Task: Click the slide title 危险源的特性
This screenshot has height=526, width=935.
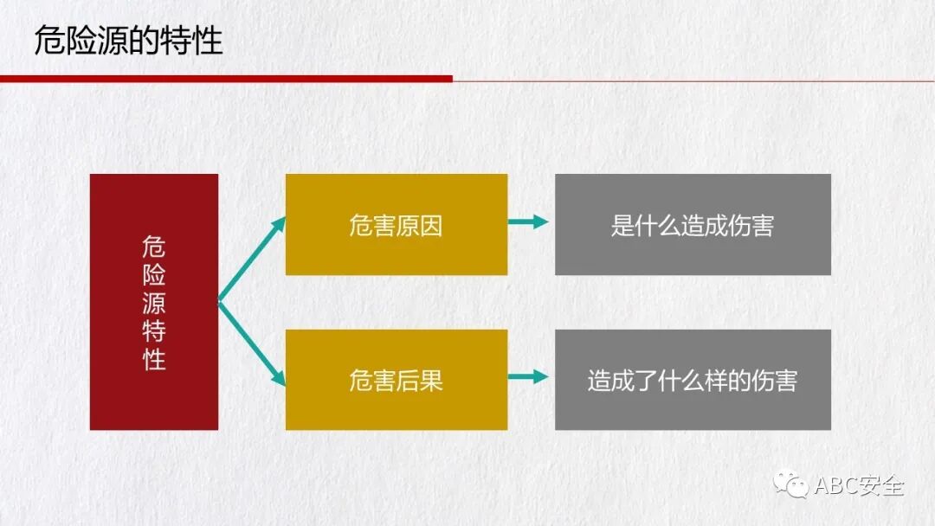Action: point(128,42)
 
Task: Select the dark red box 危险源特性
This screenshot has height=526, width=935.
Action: point(154,301)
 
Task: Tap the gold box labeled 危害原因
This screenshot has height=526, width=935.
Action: point(396,225)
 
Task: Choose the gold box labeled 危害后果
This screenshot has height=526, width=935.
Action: point(396,380)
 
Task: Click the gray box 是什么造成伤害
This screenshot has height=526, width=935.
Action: point(693,225)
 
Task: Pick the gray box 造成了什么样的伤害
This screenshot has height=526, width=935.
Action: point(693,380)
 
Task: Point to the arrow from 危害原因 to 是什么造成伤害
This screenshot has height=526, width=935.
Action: point(529,222)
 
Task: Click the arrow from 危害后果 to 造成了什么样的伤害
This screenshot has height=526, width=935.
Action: point(529,376)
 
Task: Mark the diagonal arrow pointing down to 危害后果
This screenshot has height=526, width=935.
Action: point(252,343)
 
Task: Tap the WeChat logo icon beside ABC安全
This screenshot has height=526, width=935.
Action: point(792,484)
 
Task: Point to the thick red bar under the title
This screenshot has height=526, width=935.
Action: point(225,79)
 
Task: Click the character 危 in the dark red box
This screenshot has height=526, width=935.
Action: point(154,247)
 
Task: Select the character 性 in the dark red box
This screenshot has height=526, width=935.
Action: point(154,358)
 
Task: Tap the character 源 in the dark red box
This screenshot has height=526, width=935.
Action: point(154,303)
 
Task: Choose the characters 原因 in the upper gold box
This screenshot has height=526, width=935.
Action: point(420,225)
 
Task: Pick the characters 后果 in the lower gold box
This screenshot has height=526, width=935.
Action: point(420,380)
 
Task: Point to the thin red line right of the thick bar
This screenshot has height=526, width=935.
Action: point(693,80)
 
